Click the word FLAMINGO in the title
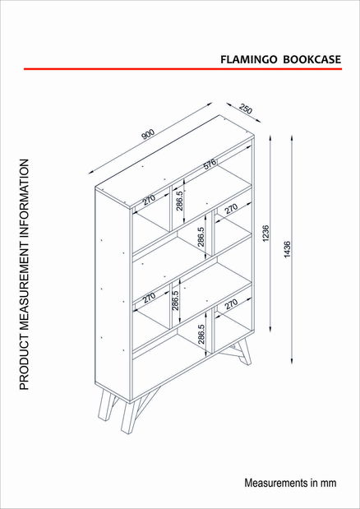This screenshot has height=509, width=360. [249, 59]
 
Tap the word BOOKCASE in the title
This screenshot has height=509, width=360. [312, 59]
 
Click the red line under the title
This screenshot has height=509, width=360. [182, 69]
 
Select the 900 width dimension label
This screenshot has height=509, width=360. [148, 134]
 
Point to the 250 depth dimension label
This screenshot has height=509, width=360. [246, 109]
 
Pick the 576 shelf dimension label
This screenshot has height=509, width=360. [210, 165]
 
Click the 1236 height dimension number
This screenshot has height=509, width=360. [266, 233]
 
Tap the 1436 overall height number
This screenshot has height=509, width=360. [288, 249]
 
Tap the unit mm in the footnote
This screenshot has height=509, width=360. [329, 484]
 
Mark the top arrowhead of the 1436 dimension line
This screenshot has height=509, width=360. [292, 138]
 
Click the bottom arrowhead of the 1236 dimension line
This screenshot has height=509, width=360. [270, 329]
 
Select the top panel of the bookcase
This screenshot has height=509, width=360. [174, 161]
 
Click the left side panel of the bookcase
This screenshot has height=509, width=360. [113, 294]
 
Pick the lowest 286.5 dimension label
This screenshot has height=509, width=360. [201, 335]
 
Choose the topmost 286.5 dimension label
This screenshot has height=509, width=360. [180, 201]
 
